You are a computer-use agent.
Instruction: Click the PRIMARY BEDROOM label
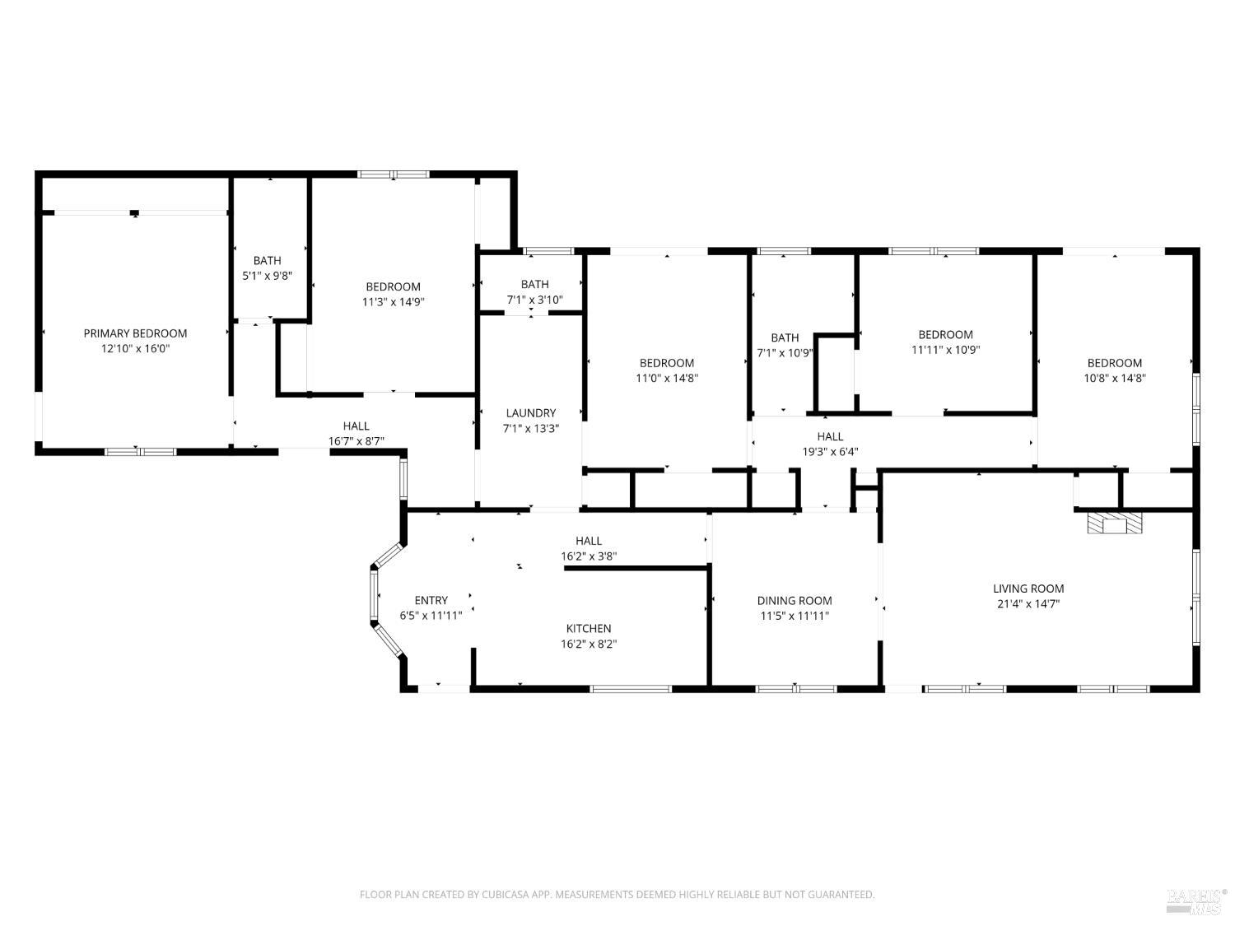(x=135, y=333)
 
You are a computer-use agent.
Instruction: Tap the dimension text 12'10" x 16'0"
(x=135, y=349)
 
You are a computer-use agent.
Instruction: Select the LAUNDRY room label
(x=530, y=413)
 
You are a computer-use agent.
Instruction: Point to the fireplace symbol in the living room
(x=1115, y=524)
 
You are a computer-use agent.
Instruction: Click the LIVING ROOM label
(x=1028, y=589)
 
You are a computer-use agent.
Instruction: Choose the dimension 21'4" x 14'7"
(x=1028, y=604)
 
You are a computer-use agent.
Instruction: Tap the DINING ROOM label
(x=795, y=601)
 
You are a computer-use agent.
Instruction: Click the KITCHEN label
(x=589, y=629)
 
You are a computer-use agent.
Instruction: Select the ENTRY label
(x=431, y=601)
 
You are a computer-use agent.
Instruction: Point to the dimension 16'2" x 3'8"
(x=589, y=556)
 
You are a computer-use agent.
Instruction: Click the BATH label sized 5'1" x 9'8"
(x=267, y=261)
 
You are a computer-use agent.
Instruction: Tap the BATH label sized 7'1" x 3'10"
(x=534, y=285)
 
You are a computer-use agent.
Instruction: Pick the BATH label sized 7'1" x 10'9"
(x=785, y=337)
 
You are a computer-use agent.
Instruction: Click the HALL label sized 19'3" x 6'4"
(x=830, y=436)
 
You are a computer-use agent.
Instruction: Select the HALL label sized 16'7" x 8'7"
(x=356, y=426)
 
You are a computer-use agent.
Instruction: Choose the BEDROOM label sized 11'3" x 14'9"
(x=393, y=287)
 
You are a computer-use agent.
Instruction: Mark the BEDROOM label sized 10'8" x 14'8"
(x=1114, y=363)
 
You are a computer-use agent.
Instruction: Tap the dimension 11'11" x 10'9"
(x=945, y=350)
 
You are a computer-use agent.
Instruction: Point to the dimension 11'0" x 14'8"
(x=666, y=379)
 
